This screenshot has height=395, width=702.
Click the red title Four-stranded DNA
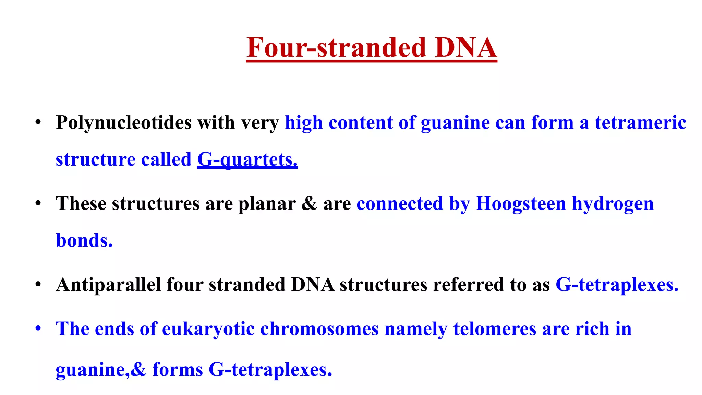[372, 48]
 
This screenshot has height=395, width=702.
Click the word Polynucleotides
[123, 123]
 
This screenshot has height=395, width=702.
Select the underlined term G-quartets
[247, 160]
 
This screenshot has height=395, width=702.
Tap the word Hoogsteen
[521, 204]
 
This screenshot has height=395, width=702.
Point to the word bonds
[84, 240]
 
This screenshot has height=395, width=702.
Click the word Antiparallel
[108, 285]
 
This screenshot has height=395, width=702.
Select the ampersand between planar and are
[309, 204]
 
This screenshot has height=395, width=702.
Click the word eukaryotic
[208, 329]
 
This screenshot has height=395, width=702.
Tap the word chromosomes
[319, 329]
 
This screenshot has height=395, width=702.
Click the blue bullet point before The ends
[38, 328]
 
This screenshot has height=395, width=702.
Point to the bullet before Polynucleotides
[38, 122]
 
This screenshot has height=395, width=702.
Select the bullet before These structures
[38, 203]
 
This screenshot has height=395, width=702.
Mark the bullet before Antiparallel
[38, 284]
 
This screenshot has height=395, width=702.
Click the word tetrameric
[640, 123]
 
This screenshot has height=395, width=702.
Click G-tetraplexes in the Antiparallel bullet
[617, 285]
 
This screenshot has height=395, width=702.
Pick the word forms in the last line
[178, 370]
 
